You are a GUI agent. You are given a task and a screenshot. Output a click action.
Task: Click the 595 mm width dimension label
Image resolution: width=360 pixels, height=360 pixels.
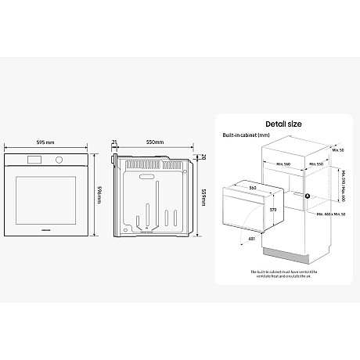44,143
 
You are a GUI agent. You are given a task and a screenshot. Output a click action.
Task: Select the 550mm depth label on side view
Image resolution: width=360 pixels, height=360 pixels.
154,143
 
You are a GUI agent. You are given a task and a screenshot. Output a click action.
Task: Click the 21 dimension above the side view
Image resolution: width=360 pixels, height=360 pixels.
115,143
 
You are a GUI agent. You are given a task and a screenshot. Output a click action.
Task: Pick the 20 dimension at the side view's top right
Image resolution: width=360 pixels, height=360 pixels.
203,157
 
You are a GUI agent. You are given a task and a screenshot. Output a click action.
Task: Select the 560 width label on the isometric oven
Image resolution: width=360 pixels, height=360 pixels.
252,189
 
